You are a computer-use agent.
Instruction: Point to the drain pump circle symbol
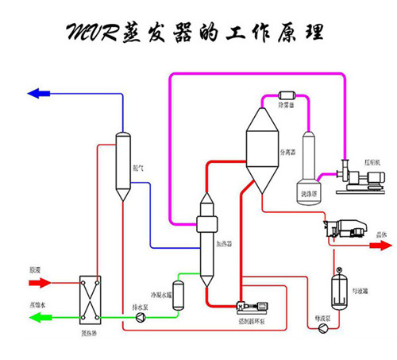(141, 318)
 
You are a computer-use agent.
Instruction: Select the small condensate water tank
(179, 294)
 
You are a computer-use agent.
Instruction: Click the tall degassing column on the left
(123, 167)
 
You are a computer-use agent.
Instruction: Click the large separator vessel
(261, 147)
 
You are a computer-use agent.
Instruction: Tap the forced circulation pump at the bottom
(249, 306)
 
